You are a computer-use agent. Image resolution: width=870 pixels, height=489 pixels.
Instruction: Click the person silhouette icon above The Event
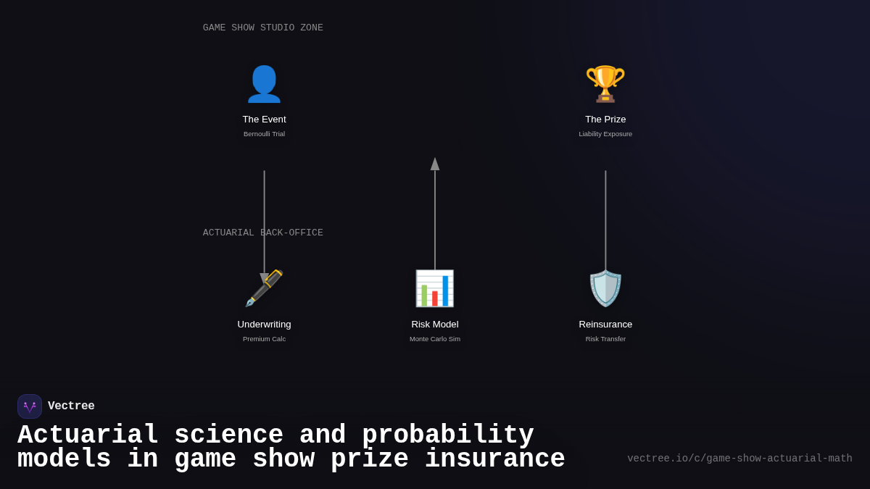coord(264,84)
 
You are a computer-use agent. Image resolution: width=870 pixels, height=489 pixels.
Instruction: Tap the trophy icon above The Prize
coord(605,84)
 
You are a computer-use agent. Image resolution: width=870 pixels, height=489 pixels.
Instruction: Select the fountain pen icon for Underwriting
coord(264,288)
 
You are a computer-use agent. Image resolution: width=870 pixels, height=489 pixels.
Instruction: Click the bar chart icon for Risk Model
coord(435,288)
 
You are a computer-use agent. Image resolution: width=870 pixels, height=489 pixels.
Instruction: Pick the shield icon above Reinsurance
coord(605,288)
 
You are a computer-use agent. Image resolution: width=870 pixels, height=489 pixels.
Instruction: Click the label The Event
coord(264,120)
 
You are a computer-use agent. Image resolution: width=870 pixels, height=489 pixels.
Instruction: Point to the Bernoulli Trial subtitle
coord(264,134)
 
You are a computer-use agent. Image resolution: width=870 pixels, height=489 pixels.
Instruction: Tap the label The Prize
coord(605,120)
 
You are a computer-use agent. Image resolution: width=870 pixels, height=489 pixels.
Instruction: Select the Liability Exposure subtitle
coord(605,134)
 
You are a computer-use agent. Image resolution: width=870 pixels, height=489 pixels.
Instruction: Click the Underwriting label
coord(264,325)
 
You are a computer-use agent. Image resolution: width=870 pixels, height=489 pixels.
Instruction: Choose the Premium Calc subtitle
coord(264,339)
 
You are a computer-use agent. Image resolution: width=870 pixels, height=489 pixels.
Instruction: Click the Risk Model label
coord(435,325)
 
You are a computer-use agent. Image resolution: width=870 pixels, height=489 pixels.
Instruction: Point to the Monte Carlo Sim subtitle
coord(435,339)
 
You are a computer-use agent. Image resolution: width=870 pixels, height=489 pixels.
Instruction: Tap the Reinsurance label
coord(605,325)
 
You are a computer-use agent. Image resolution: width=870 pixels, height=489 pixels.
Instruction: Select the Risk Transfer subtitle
coord(605,339)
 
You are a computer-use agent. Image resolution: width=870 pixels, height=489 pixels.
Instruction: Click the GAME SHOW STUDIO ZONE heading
coord(263,28)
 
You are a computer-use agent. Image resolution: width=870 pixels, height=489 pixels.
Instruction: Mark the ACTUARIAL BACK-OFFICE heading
coord(263,233)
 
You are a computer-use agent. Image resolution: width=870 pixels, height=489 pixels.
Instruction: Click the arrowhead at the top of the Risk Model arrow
coord(435,164)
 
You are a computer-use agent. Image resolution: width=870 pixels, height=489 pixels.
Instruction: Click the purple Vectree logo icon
coord(30,406)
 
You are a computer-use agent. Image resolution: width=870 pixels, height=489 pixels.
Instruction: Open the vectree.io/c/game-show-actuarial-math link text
coord(739,459)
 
